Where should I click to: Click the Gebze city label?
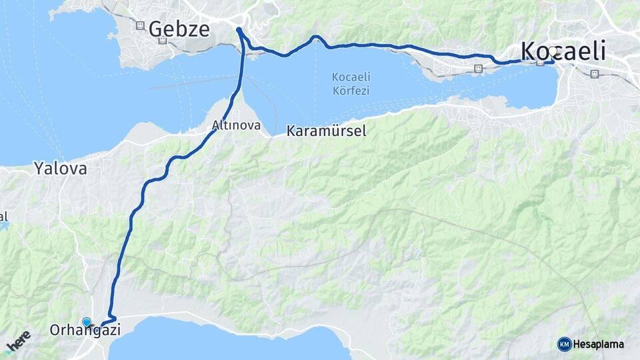tap(179, 29)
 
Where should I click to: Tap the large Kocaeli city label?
tap(563, 51)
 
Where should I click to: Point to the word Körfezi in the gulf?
tap(350, 91)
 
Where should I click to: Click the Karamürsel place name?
tap(326, 131)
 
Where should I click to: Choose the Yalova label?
tap(61, 169)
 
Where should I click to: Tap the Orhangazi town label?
tap(85, 330)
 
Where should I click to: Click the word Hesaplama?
tap(599, 344)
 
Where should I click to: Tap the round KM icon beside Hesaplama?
tap(564, 344)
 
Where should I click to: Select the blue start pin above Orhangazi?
tap(86, 321)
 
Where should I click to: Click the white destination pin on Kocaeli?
tap(553, 58)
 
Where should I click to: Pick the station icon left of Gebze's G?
tap(140, 25)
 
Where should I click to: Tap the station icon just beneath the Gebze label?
tap(163, 41)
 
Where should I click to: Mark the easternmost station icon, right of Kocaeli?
tap(595, 74)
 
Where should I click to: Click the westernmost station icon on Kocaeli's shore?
tap(479, 69)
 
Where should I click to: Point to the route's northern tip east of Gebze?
tap(239, 29)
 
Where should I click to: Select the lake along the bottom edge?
tap(227, 340)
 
